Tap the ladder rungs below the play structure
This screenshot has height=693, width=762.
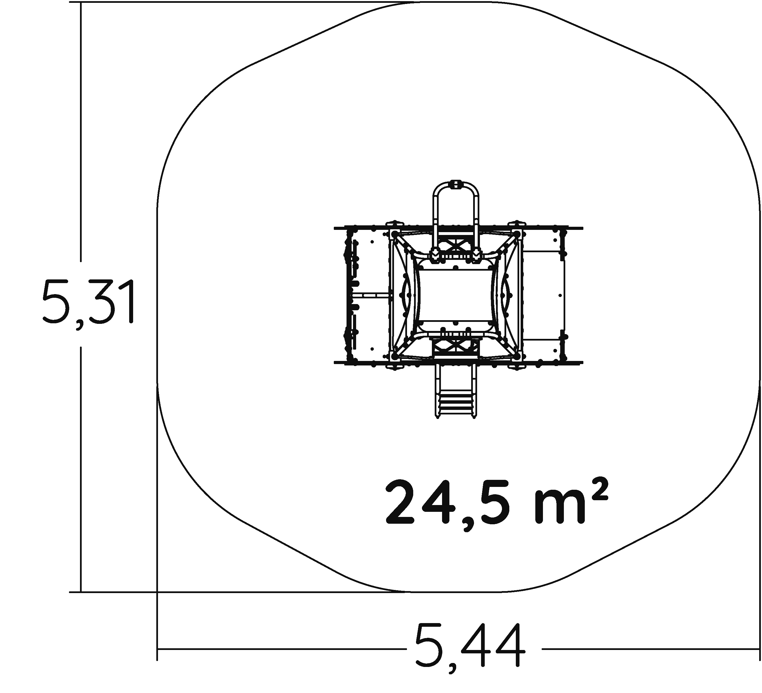tap(455, 404)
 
